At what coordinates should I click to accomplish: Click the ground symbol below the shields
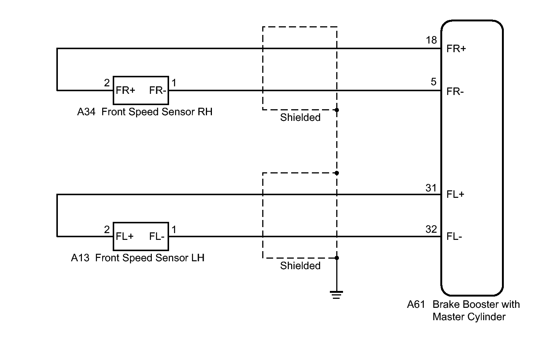click(336, 295)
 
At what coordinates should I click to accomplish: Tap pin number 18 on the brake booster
click(431, 40)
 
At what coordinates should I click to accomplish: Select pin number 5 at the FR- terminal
click(434, 82)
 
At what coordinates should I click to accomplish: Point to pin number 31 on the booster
click(431, 188)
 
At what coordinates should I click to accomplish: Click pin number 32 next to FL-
click(431, 229)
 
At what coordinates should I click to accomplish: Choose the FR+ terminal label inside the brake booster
click(456, 49)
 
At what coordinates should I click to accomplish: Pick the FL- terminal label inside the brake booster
click(454, 236)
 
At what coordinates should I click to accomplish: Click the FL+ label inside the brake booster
click(455, 194)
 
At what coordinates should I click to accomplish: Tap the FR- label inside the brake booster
click(455, 91)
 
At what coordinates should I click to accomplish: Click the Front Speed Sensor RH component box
click(141, 90)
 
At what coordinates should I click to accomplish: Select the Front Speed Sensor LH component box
click(141, 236)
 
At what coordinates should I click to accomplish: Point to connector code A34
click(86, 112)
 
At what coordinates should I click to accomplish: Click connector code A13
click(80, 258)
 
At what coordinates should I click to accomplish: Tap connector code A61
click(416, 304)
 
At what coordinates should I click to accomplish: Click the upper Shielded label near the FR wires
click(300, 117)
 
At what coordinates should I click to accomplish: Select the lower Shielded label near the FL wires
click(300, 266)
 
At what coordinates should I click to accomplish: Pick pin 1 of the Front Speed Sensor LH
click(174, 229)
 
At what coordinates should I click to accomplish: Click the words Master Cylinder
click(469, 317)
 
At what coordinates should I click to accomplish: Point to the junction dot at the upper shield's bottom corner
click(337, 110)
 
